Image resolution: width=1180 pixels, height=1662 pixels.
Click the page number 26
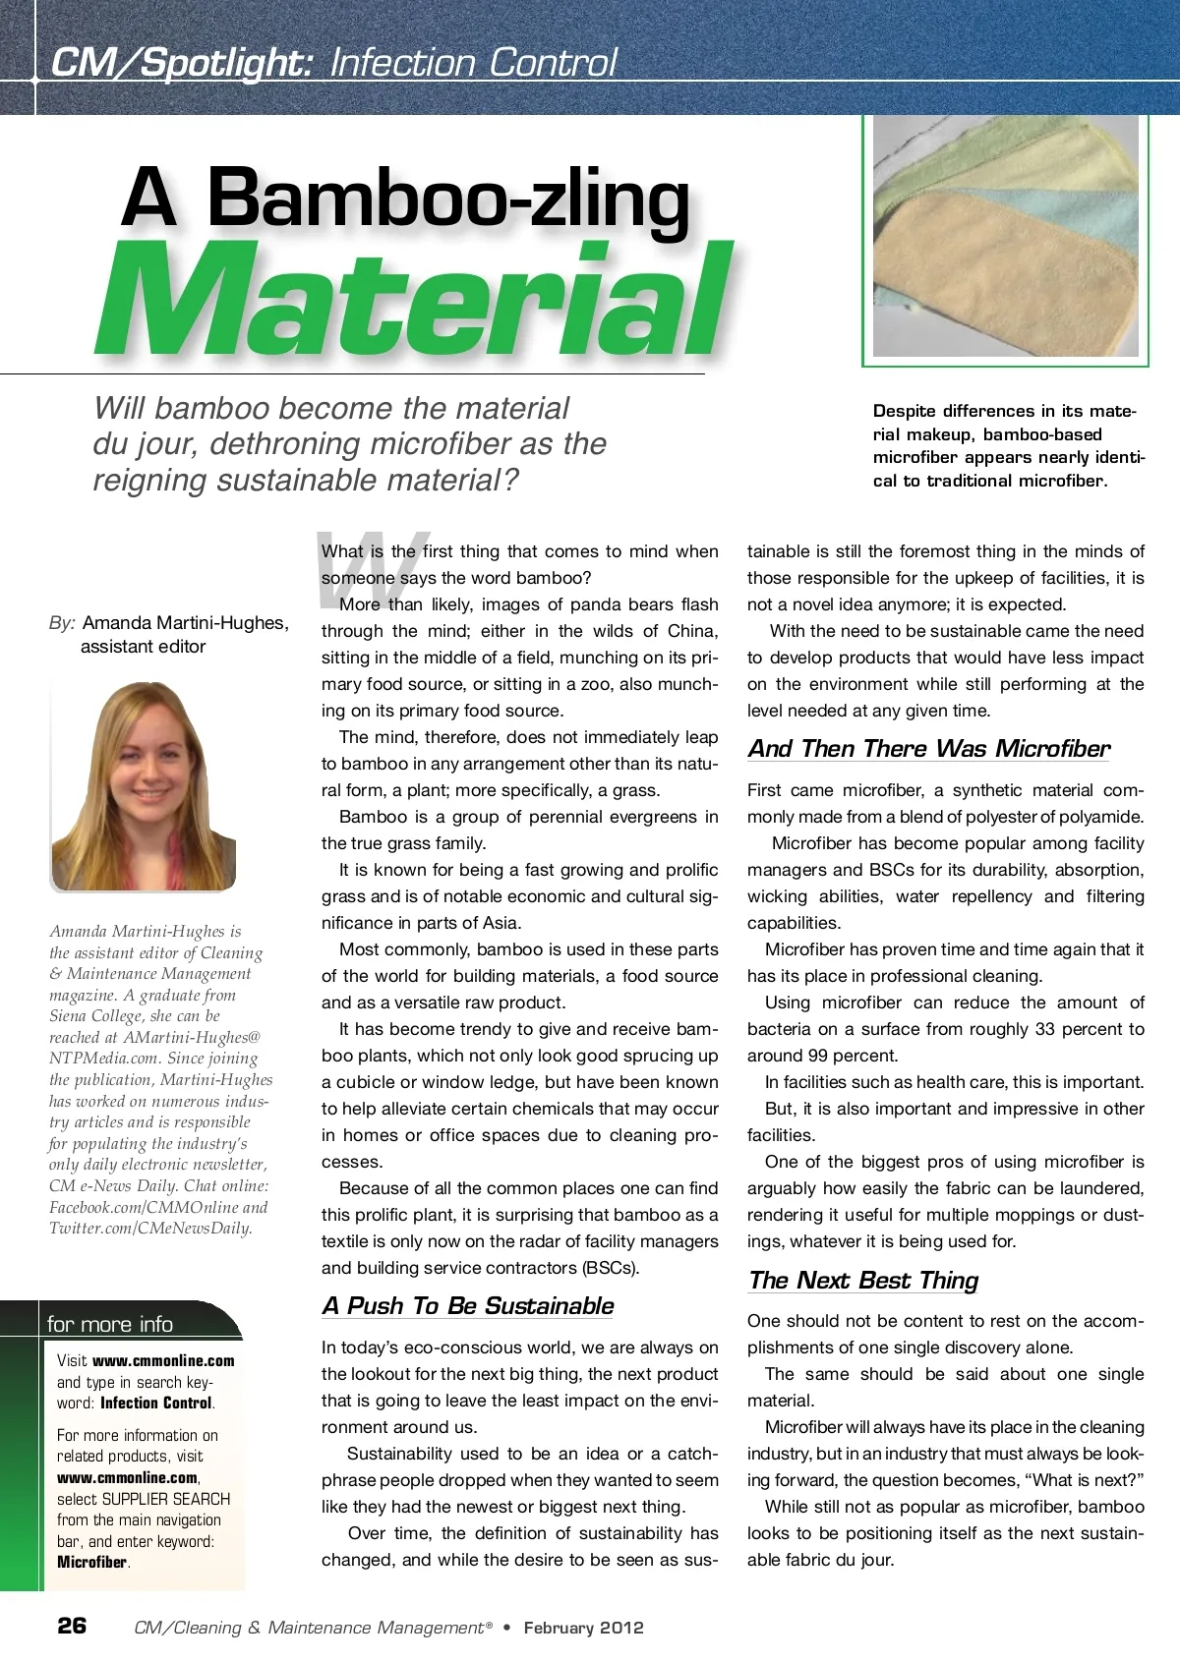[72, 1626]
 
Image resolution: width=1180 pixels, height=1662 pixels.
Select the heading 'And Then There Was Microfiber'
[928, 749]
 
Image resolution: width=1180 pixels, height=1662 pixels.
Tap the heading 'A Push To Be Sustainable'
[467, 1306]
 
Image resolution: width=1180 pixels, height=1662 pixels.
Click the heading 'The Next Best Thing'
[862, 1281]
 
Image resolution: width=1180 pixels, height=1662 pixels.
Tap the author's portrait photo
[144, 786]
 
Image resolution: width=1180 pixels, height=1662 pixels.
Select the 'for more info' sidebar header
[110, 1324]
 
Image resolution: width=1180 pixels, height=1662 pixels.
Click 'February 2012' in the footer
[583, 1628]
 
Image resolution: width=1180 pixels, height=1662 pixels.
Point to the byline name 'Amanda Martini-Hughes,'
[186, 623]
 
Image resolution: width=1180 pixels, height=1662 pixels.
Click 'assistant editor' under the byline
[144, 647]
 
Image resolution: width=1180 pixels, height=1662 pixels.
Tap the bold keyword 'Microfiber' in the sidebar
[92, 1562]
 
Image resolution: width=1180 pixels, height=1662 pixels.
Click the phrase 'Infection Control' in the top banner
[473, 63]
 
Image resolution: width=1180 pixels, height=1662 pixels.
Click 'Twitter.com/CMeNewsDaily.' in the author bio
[150, 1228]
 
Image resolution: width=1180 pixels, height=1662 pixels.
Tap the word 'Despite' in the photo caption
[904, 411]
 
